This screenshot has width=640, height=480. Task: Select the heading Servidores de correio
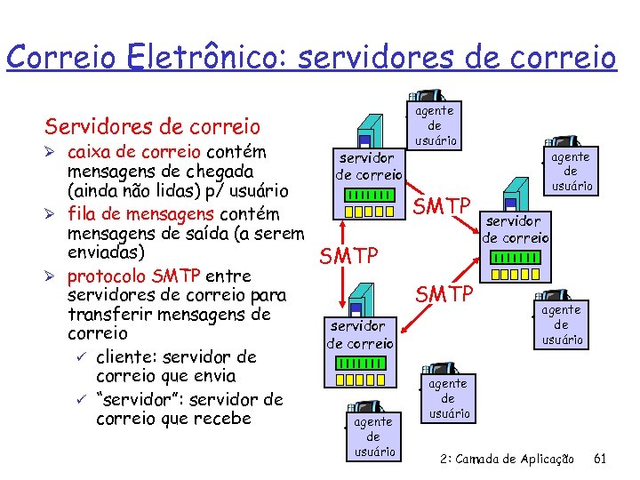[153, 126]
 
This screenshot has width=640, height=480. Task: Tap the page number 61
[600, 460]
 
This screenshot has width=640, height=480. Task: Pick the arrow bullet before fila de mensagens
[53, 214]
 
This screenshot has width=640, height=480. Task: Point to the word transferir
[112, 315]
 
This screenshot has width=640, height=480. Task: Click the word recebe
[223, 419]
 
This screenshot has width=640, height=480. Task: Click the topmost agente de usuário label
[435, 125]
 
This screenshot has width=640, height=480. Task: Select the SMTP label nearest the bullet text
[348, 257]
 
